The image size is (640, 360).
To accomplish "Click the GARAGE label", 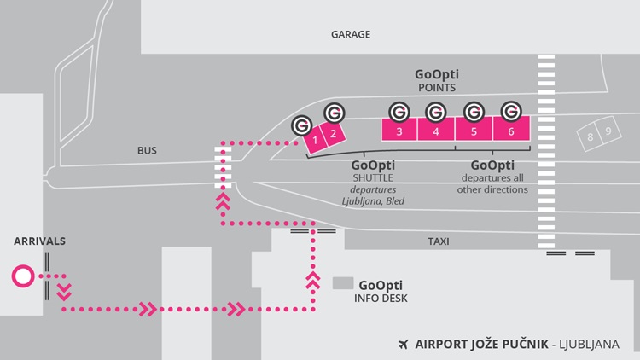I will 350,35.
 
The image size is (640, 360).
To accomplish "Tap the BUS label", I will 147,151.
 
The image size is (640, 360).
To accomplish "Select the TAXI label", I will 438,241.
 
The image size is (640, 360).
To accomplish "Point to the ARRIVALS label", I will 39,241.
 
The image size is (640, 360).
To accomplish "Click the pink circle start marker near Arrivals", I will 22,276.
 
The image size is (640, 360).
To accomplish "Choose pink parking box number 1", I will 316,139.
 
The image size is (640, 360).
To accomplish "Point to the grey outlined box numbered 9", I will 607,131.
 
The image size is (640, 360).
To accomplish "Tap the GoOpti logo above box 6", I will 510,111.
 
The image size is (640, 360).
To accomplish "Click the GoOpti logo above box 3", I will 399,111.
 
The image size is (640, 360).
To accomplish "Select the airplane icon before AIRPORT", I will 403,345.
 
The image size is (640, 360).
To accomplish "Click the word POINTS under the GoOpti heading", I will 435,88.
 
